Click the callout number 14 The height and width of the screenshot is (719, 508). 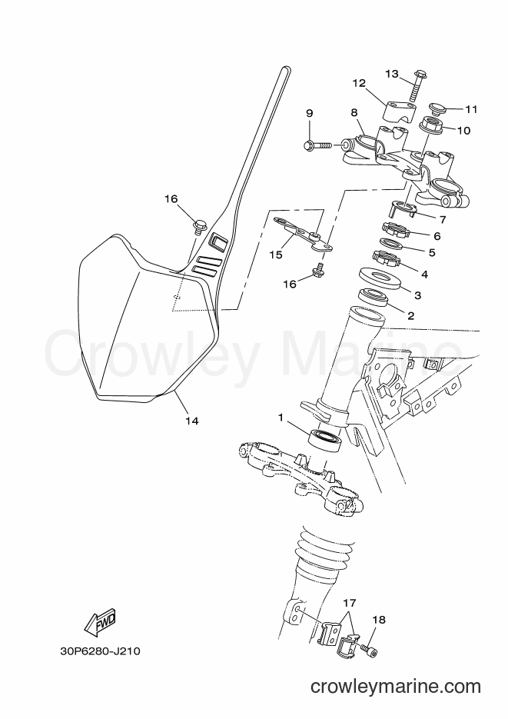pyautogui.click(x=192, y=420)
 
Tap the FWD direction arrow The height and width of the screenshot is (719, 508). pyautogui.click(x=100, y=622)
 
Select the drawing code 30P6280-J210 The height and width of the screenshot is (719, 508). pyautogui.click(x=99, y=651)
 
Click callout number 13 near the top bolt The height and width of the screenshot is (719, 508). pyautogui.click(x=392, y=74)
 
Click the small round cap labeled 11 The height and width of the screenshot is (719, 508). pyautogui.click(x=439, y=110)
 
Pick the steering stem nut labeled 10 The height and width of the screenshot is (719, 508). pyautogui.click(x=433, y=125)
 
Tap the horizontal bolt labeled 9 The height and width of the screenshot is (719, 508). pyautogui.click(x=318, y=145)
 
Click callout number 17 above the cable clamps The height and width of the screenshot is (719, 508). pyautogui.click(x=349, y=603)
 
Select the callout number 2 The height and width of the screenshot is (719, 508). pyautogui.click(x=410, y=315)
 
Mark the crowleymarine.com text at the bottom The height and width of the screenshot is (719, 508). pyautogui.click(x=395, y=687)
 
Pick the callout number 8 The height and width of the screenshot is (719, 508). pyautogui.click(x=354, y=112)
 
